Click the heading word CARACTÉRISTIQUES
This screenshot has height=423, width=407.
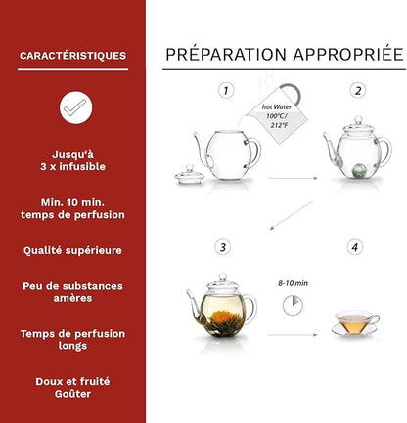[x=72, y=56]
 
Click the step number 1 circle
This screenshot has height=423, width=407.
[x=226, y=91]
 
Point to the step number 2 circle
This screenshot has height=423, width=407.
[x=358, y=91]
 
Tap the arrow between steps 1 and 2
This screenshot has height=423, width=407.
[x=292, y=177]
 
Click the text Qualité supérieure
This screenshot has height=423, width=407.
[x=72, y=250]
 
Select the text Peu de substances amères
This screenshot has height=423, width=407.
[x=72, y=291]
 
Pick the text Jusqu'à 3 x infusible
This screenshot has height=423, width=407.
[x=72, y=159]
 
